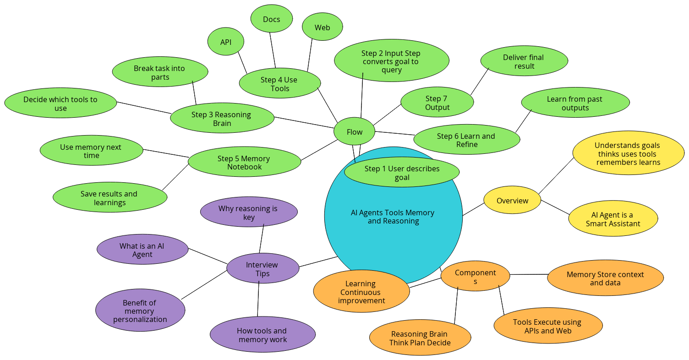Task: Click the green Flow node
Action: (x=354, y=131)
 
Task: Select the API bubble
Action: (x=226, y=42)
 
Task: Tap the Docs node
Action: (x=272, y=18)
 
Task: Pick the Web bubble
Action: (x=323, y=27)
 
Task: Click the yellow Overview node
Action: (x=512, y=200)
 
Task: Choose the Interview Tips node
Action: (x=262, y=268)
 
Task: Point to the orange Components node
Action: (x=475, y=276)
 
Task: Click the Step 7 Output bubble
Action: (x=437, y=102)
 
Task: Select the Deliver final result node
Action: (x=524, y=61)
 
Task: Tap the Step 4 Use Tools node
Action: (x=280, y=83)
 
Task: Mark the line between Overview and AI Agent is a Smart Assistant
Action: (x=555, y=207)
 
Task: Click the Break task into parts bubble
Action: (x=160, y=72)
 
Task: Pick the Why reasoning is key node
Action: (x=249, y=212)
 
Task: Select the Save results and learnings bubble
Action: (x=110, y=197)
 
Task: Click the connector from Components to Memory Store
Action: (x=529, y=274)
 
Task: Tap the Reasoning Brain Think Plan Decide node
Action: (x=420, y=338)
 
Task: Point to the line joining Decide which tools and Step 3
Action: (x=144, y=108)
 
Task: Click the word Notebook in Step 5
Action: (x=244, y=167)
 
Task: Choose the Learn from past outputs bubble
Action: (x=575, y=103)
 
